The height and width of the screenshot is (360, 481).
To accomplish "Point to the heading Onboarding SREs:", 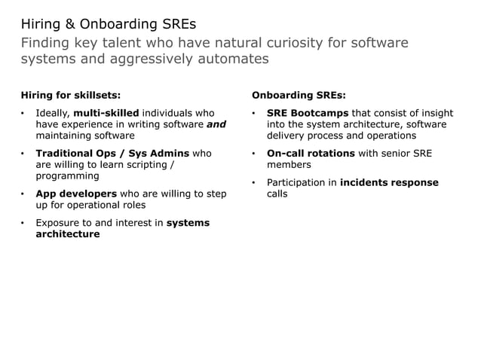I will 299,96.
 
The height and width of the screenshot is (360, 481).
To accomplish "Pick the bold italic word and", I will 216,125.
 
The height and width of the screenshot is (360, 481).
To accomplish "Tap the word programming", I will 68,175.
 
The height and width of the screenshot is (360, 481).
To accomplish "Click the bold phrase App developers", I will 75,194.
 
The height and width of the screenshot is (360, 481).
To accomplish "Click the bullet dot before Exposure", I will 23,224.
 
